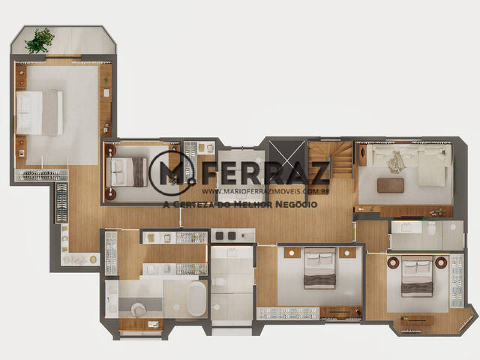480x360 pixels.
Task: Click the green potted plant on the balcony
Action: coord(40,40)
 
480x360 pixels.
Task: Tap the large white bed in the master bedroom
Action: coord(40,112)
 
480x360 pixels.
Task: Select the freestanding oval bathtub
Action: coord(196,298)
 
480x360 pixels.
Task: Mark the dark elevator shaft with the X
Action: coord(287,157)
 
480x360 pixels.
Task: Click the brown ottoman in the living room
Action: coord(390,185)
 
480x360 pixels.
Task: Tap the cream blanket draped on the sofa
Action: coord(396,162)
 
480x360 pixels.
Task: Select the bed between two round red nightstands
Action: coord(417,277)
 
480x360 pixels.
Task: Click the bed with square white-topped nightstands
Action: coord(320,268)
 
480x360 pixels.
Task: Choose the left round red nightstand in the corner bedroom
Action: coord(392,262)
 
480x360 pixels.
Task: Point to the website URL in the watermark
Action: coord(265,191)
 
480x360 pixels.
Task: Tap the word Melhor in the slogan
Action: coord(253,204)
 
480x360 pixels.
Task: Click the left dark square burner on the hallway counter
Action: coord(220,235)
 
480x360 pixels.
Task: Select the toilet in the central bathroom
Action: coord(219,282)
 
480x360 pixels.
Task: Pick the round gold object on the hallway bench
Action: coord(93,259)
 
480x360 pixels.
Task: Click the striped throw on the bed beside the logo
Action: coord(139,172)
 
